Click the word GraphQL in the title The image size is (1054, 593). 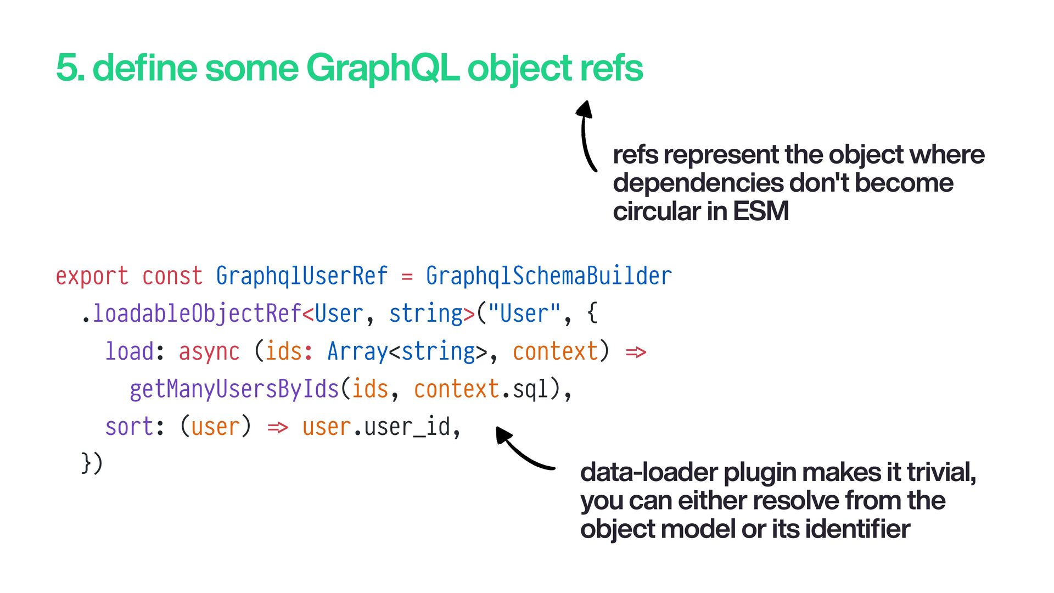pyautogui.click(x=382, y=68)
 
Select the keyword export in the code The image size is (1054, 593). pyautogui.click(x=92, y=276)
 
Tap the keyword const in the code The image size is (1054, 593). pyautogui.click(x=172, y=276)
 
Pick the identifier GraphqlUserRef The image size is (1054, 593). pyautogui.click(x=301, y=276)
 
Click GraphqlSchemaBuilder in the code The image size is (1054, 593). pyautogui.click(x=548, y=276)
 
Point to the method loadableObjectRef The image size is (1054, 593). pyautogui.click(x=197, y=314)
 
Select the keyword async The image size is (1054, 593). pyautogui.click(x=209, y=351)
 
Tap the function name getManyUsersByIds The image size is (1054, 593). pyautogui.click(x=234, y=389)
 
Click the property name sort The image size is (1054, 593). pyautogui.click(x=129, y=427)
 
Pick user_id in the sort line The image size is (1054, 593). pyautogui.click(x=407, y=427)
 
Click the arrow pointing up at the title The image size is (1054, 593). pyautogui.click(x=586, y=135)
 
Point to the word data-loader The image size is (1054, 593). pyautogui.click(x=649, y=472)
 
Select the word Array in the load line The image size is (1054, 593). pyautogui.click(x=357, y=351)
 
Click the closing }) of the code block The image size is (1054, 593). pyautogui.click(x=92, y=462)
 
